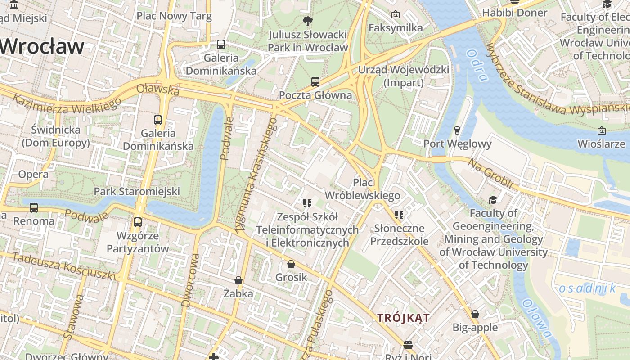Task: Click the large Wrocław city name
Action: click(x=42, y=47)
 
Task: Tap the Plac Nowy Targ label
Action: click(x=174, y=17)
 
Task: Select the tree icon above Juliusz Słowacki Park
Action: click(x=308, y=20)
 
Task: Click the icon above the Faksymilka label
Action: click(x=396, y=14)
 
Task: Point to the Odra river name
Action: click(x=477, y=65)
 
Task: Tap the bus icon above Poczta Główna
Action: click(x=315, y=82)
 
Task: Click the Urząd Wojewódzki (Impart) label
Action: click(x=403, y=76)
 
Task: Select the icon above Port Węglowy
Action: click(x=457, y=130)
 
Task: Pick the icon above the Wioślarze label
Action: click(x=602, y=130)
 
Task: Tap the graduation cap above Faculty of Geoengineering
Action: click(x=493, y=200)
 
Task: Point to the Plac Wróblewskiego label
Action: click(x=362, y=189)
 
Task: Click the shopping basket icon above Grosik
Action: click(x=291, y=264)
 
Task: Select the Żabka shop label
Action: click(x=238, y=293)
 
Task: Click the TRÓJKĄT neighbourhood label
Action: click(x=403, y=318)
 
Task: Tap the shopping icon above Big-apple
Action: click(x=475, y=314)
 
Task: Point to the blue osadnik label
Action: click(x=587, y=288)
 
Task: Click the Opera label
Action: click(x=33, y=175)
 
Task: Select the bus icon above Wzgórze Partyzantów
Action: click(x=137, y=222)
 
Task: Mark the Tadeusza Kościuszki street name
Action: click(x=63, y=266)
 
